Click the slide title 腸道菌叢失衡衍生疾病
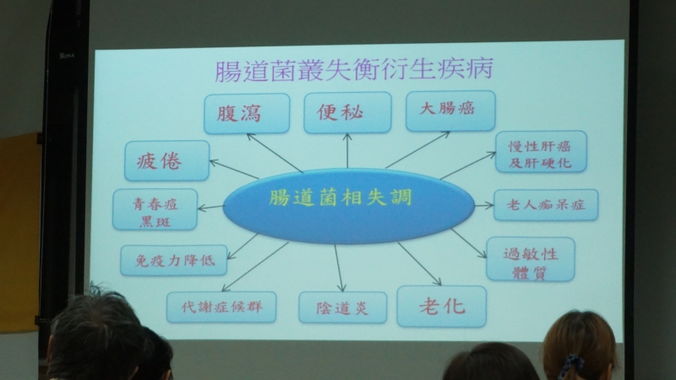[x=353, y=70]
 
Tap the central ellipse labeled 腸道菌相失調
[x=348, y=206]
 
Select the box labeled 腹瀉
[x=247, y=113]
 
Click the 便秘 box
[x=347, y=112]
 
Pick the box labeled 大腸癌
[x=450, y=111]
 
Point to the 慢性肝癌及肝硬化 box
[x=541, y=152]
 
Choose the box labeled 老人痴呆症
[x=546, y=204]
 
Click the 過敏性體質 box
[x=531, y=259]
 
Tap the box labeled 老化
[x=441, y=307]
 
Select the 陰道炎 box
[x=343, y=307]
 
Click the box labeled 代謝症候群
[x=221, y=307]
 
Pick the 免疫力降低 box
[x=174, y=260]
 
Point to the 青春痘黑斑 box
[x=155, y=209]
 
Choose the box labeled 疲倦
[x=166, y=160]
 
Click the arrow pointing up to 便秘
[x=347, y=150]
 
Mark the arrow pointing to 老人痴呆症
[x=483, y=205]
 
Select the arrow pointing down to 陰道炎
[x=340, y=268]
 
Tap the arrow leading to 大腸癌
[x=417, y=149]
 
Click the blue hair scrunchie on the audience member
[x=571, y=366]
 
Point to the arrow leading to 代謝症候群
[x=255, y=267]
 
